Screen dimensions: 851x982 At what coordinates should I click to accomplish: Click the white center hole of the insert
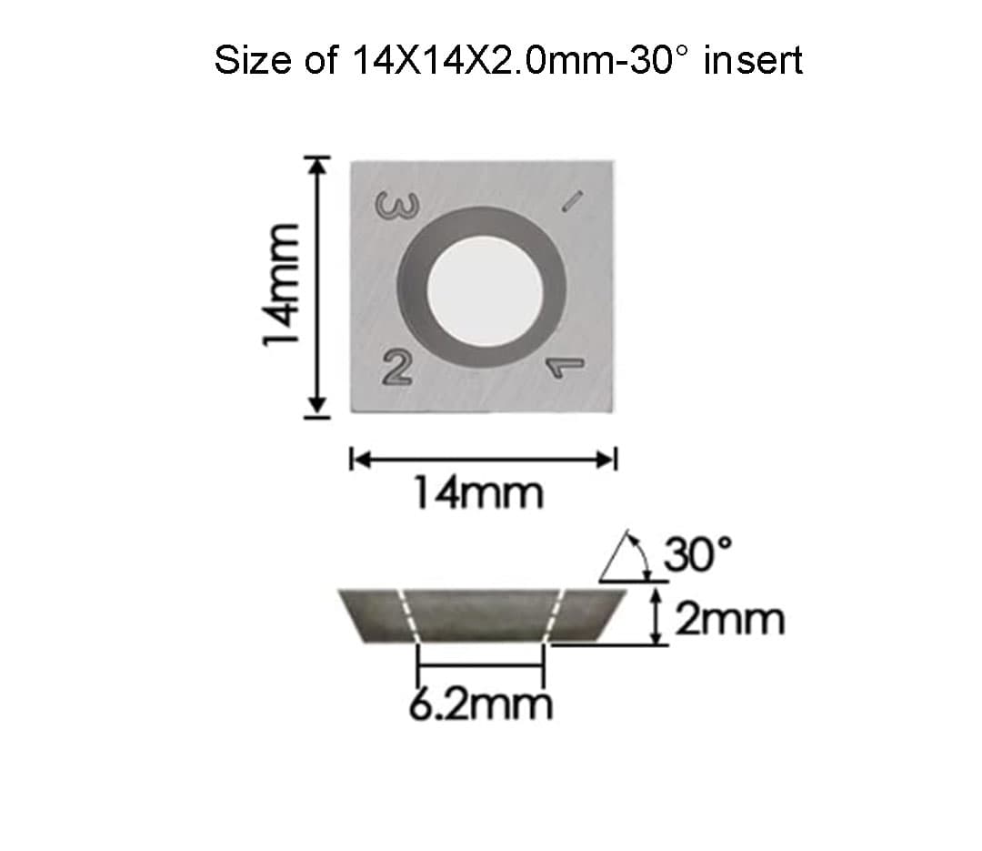click(x=484, y=286)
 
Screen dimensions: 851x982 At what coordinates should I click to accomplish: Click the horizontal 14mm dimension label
click(x=478, y=494)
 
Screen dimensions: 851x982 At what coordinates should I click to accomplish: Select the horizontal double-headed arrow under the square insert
click(x=483, y=459)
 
